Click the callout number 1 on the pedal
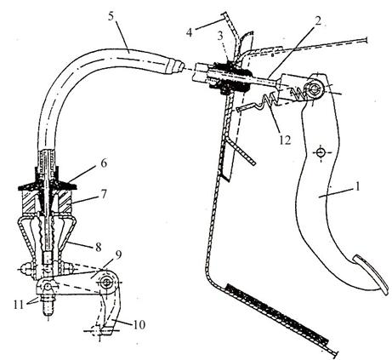click(x=358, y=186)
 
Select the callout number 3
click(x=221, y=37)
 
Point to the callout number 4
click(x=190, y=32)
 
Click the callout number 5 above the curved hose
click(x=111, y=16)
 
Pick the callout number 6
click(x=104, y=163)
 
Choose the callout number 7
click(x=104, y=194)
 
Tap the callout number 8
click(x=98, y=247)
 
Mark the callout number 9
click(x=118, y=255)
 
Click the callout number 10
click(x=139, y=325)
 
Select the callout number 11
click(x=19, y=305)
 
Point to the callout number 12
click(x=285, y=140)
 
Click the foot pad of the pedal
click(x=371, y=275)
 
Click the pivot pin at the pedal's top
click(x=315, y=89)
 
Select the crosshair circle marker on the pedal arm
click(x=321, y=153)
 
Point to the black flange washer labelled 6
click(x=48, y=186)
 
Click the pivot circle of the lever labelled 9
click(x=107, y=283)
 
